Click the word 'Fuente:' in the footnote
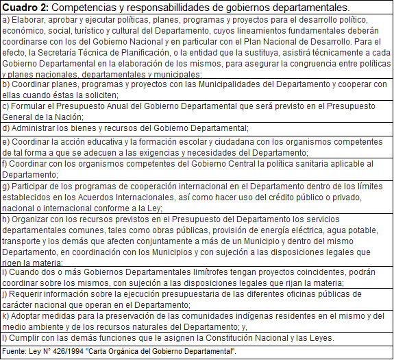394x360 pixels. (x=15, y=351)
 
